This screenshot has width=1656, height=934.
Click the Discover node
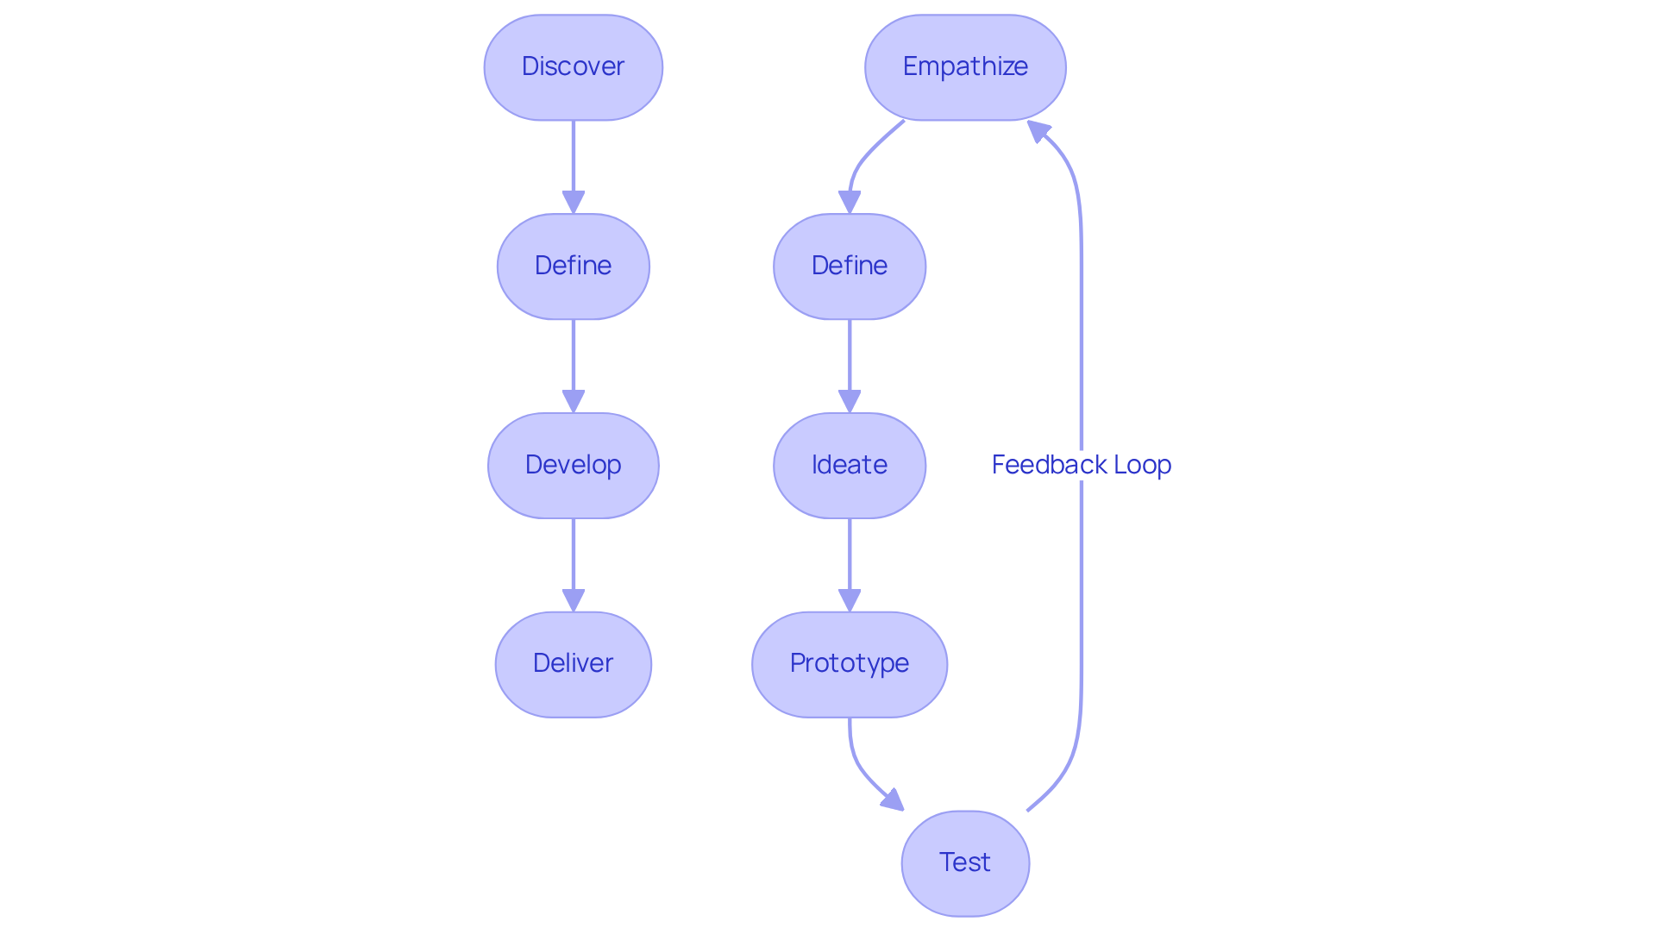coord(573,66)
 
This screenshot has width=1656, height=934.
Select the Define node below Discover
coord(573,266)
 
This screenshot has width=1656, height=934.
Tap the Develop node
coord(573,465)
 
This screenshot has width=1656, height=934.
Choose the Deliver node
coord(573,664)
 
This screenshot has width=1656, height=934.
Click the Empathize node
coord(965,66)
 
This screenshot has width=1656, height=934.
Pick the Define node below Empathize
coord(850,266)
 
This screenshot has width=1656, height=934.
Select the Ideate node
coord(850,465)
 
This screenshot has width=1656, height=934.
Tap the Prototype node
coord(850,664)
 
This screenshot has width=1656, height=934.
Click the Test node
coord(965,862)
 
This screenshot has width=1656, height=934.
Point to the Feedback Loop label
coord(1081,465)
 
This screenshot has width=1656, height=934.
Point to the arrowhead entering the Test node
coord(894,801)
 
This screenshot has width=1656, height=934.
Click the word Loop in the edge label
coord(1142,465)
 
